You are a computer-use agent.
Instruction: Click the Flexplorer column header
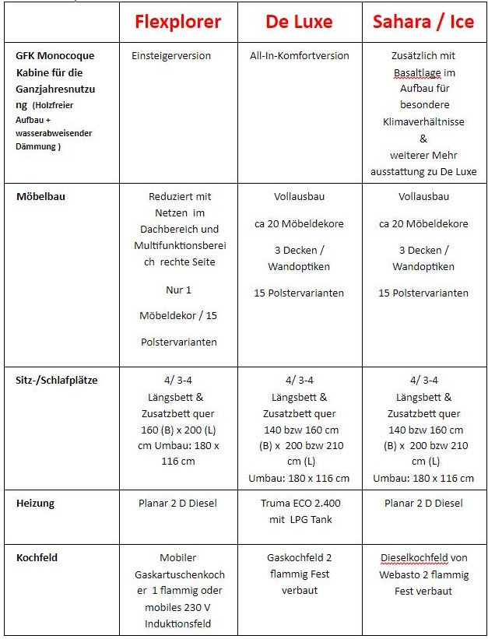(x=178, y=22)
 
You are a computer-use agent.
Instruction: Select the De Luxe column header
(x=300, y=22)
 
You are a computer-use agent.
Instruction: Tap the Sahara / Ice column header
(x=423, y=22)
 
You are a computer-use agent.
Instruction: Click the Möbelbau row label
(x=40, y=197)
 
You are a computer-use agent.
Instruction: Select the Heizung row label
(x=36, y=503)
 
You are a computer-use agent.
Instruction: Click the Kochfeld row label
(x=37, y=557)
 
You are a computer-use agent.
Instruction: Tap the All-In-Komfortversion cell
(x=300, y=56)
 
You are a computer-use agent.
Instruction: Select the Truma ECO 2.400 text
(x=300, y=503)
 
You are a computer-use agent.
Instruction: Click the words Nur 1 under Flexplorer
(x=178, y=290)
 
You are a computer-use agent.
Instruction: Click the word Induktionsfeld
(x=178, y=623)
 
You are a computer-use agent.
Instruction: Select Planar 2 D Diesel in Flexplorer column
(x=178, y=503)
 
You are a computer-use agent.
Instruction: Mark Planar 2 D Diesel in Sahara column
(x=423, y=503)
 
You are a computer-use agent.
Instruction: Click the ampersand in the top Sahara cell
(x=423, y=139)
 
